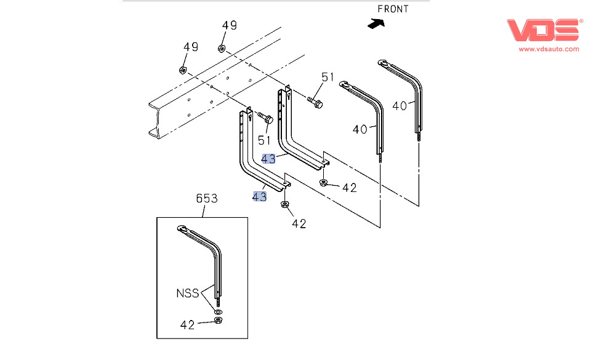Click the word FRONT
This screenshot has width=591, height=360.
[393, 9]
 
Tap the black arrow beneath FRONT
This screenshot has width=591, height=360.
[375, 23]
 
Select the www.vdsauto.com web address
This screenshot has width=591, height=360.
[549, 49]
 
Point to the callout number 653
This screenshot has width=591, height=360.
[206, 198]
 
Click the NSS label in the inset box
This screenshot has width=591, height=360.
[187, 294]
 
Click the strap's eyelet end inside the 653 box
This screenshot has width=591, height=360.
[183, 230]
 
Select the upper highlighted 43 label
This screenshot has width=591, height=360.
[268, 159]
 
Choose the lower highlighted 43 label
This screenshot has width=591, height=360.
[259, 197]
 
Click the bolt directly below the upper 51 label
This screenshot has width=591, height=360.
[315, 102]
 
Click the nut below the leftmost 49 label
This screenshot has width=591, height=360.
[183, 69]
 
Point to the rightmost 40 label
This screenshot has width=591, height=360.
[400, 105]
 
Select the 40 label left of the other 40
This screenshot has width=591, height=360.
[360, 129]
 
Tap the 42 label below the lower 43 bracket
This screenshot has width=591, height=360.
[299, 224]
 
